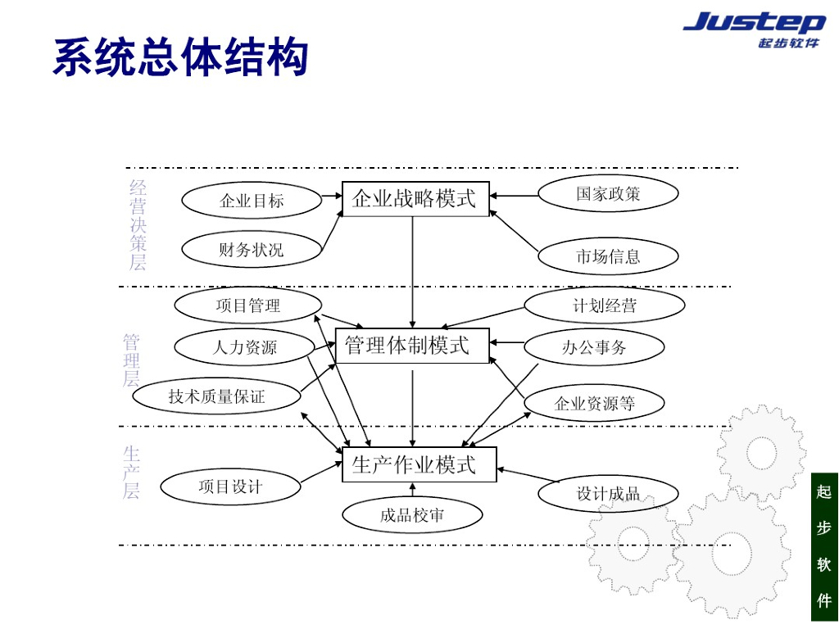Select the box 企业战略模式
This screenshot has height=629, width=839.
[415, 199]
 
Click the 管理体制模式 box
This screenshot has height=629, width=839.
[411, 346]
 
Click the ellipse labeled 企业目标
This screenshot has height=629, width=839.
[252, 201]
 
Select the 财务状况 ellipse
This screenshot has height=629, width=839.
[251, 250]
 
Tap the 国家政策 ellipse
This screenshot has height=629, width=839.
[608, 194]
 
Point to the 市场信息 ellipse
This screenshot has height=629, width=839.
[608, 256]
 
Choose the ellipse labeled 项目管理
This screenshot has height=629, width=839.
[248, 305]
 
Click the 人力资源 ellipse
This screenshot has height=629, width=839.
[245, 347]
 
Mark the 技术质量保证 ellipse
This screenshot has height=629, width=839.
[217, 396]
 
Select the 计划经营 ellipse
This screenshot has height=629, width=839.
[604, 306]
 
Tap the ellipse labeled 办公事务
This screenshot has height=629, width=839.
[594, 347]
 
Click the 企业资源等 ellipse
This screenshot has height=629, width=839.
[594, 403]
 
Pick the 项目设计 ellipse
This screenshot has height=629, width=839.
[231, 486]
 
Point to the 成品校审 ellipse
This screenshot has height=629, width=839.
[412, 515]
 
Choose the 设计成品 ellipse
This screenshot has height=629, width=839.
[608, 494]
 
